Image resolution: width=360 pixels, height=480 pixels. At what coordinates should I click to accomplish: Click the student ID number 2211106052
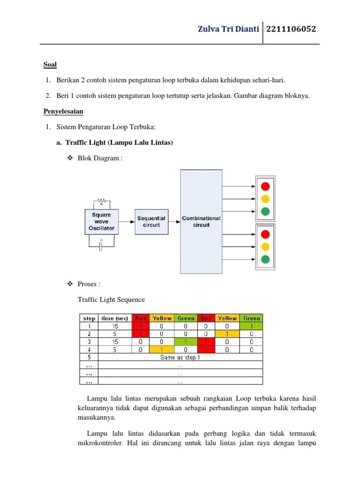[291, 30]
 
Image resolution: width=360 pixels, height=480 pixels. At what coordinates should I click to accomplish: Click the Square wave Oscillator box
[101, 222]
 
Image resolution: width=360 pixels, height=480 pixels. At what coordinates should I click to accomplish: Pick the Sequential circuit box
[151, 221]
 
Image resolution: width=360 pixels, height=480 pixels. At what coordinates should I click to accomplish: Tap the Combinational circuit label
[201, 221]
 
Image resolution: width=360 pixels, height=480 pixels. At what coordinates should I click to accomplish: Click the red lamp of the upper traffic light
[266, 185]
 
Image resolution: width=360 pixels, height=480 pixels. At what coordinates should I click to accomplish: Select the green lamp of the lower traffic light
[266, 259]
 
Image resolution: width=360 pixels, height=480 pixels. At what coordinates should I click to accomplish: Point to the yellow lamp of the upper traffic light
[266, 198]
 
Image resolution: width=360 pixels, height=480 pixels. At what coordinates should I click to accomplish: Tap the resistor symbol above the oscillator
[101, 202]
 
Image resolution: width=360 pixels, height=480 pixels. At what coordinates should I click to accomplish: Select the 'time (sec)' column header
[115, 318]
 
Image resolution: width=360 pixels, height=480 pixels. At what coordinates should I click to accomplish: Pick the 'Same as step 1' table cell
[180, 357]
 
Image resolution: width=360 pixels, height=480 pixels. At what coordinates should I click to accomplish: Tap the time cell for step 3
[115, 342]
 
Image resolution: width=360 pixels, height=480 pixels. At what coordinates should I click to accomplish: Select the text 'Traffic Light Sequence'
[111, 300]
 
